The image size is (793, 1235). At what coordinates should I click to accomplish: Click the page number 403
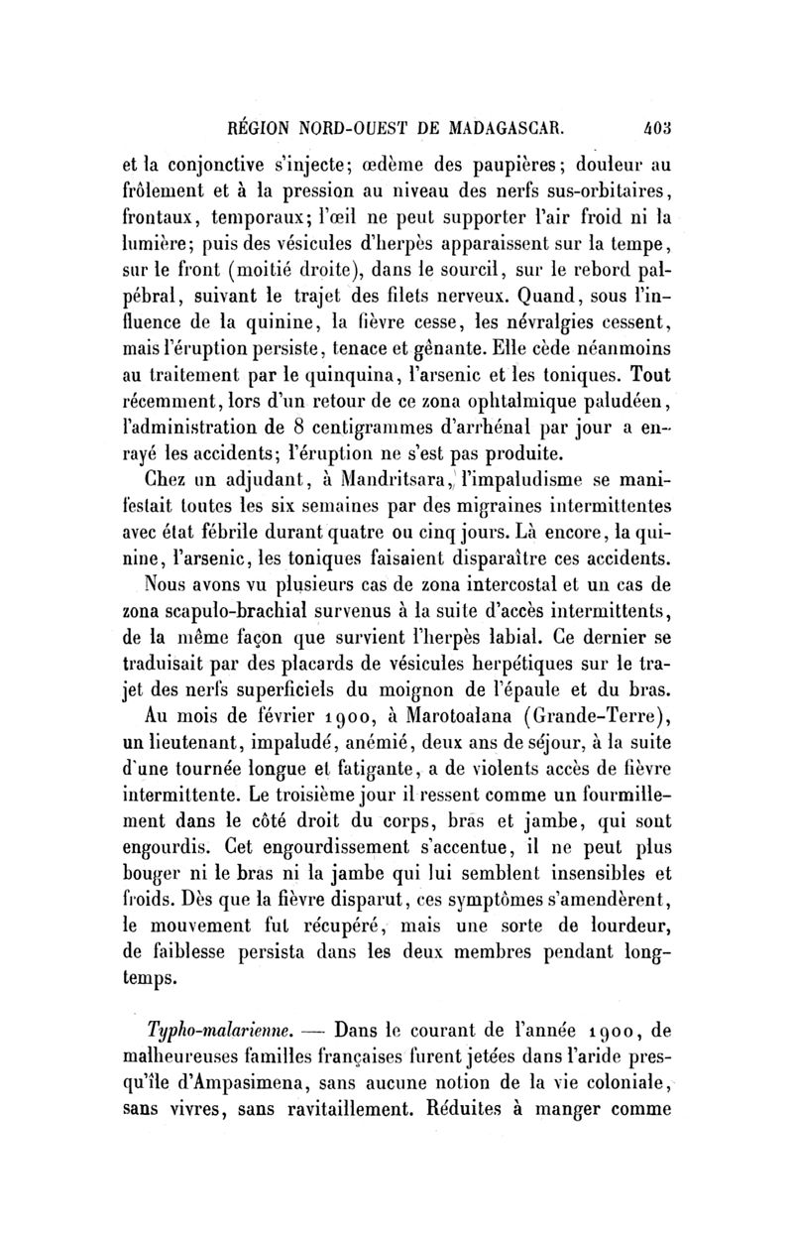pos(657,127)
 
